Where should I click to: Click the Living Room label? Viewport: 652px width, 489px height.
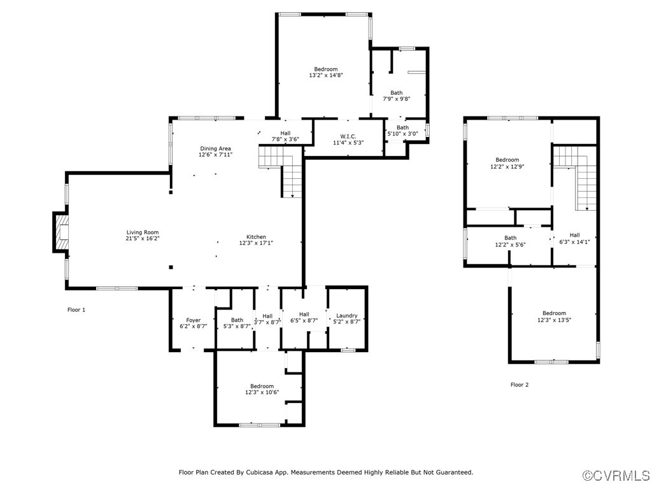pos(143,232)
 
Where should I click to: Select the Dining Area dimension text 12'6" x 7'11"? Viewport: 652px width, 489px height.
pos(215,155)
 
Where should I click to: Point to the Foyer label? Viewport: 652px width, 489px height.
pos(193,320)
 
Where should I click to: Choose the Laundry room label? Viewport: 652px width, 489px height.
pos(347,316)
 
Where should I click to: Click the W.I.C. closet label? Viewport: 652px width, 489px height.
pos(348,136)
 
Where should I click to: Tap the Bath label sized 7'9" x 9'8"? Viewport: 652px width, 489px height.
pos(396,93)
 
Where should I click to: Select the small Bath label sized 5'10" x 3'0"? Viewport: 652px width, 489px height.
pos(402,127)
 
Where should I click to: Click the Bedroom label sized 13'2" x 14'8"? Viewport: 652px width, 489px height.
pos(325,69)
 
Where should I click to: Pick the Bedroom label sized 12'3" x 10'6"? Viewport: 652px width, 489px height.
pos(262,386)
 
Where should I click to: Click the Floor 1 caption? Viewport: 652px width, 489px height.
pos(76,310)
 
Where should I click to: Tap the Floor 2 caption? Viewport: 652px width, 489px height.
pos(520,385)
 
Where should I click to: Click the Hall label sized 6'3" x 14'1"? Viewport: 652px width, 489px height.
pos(574,235)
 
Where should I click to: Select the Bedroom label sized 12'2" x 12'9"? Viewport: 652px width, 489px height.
pos(507,160)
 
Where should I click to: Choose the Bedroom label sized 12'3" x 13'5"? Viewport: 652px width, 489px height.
pos(554,313)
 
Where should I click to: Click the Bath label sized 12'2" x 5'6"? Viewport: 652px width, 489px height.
pos(511,238)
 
